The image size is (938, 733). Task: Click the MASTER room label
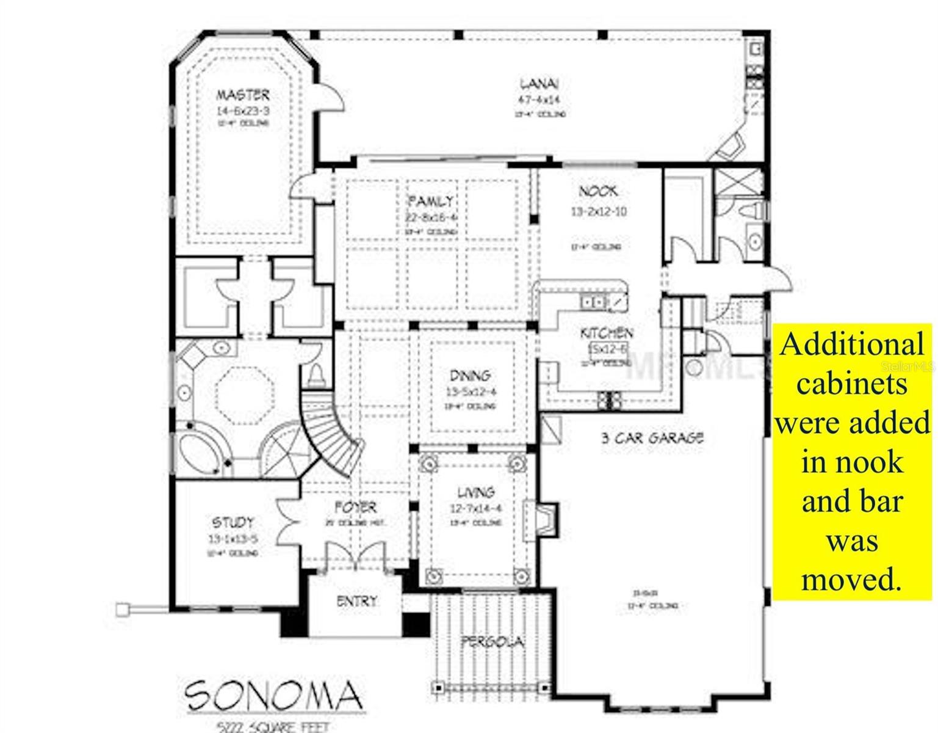242,95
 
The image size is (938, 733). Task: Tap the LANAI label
539,84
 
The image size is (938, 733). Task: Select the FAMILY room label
430,201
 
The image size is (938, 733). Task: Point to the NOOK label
598,191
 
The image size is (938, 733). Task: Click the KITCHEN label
606,334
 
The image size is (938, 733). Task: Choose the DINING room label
470,376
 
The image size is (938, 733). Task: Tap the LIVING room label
476,492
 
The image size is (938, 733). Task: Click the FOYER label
355,507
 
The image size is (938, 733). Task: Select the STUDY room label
233,522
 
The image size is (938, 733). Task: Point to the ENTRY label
357,602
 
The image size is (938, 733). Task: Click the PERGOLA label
492,641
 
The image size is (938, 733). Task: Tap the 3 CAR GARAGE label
652,437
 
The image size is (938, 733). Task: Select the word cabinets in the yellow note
852,384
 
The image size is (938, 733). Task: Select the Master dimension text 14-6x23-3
242,111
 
